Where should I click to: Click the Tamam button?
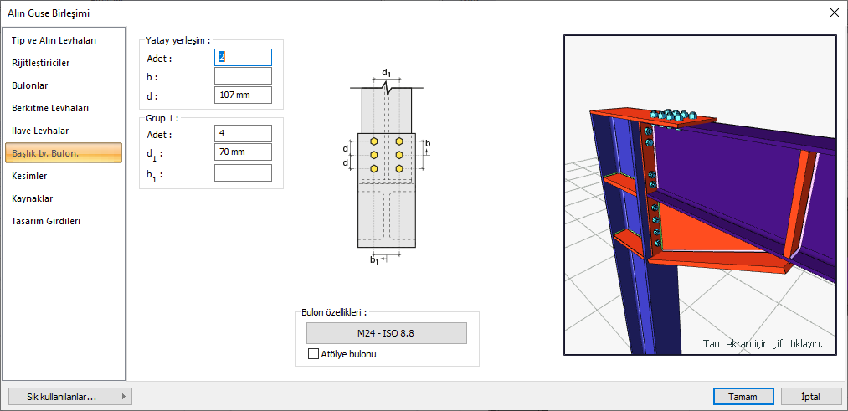pyautogui.click(x=743, y=397)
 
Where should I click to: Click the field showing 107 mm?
pyautogui.click(x=243, y=95)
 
